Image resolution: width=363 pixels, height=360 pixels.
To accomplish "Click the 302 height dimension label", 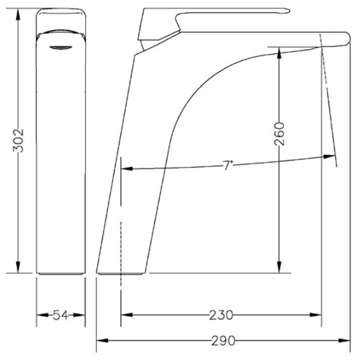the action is point(18,140).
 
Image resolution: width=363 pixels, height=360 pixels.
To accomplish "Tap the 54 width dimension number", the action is point(60,315).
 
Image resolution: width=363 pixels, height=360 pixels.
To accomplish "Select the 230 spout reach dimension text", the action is point(221,315).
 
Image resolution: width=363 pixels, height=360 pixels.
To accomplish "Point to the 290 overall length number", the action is point(223,340).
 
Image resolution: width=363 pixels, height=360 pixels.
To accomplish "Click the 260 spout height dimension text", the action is point(279,134).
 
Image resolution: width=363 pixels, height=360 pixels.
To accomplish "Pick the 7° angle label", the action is point(228,165).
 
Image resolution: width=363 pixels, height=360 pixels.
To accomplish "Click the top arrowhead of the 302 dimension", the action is point(18,14).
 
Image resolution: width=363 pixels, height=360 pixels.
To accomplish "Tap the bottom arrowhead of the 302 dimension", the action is point(18,267).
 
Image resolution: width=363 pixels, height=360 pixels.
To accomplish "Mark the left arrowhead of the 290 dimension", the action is point(102,340).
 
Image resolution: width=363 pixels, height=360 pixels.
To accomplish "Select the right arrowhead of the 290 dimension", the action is point(345,340).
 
